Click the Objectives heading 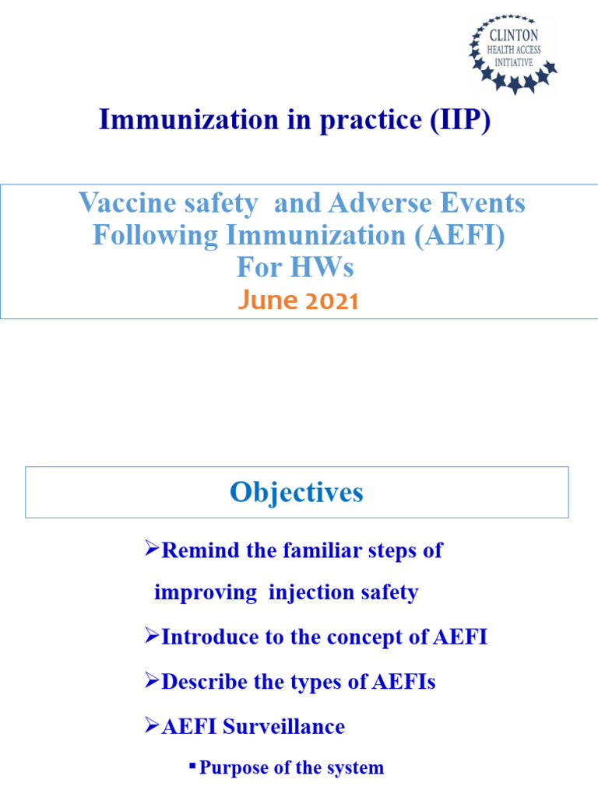(296, 493)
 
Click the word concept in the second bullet (375, 637)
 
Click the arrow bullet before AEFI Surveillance (152, 726)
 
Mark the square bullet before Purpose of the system (192, 767)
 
